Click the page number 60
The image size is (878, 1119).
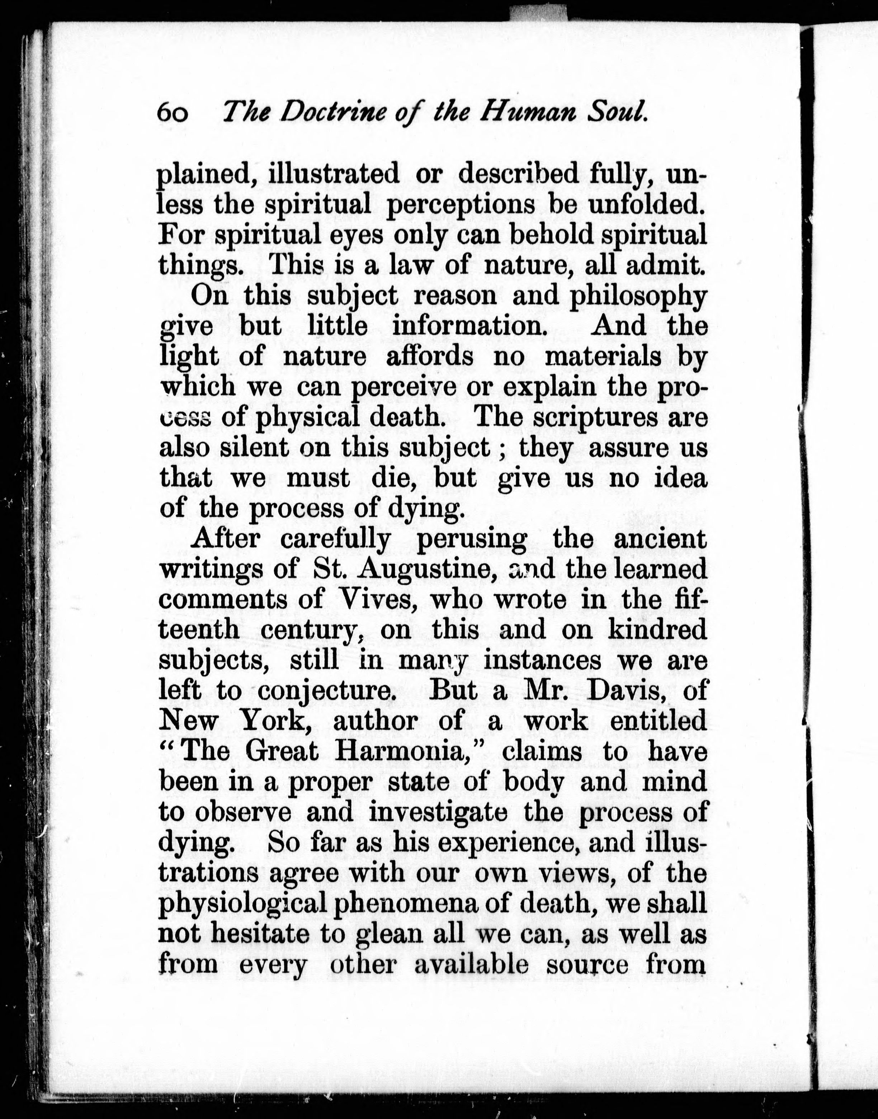point(173,112)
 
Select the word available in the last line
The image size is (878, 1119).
point(471,965)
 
